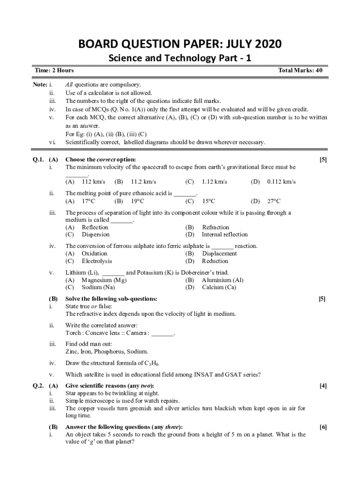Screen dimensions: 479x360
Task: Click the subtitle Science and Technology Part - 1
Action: tap(180, 58)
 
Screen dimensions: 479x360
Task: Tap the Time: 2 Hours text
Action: tap(54, 71)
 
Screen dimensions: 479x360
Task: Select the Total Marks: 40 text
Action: tap(300, 71)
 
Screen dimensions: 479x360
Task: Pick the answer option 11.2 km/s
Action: tap(143, 181)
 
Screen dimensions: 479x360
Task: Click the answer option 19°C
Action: tap(137, 201)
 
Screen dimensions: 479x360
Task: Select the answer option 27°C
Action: tap(274, 201)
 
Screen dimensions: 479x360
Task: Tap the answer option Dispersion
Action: tap(95, 234)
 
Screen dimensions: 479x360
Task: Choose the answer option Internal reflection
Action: tap(224, 234)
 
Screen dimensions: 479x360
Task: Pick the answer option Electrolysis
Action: tap(97, 261)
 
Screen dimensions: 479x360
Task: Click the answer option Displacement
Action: tap(219, 254)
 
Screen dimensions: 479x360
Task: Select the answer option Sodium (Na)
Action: tap(98, 287)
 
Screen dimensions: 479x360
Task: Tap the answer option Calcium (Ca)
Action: tap(219, 287)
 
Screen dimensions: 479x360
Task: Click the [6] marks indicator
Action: tap(323, 427)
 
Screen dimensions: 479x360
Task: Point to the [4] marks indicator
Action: tap(323, 386)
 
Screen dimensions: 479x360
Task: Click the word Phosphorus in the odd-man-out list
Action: tap(111, 351)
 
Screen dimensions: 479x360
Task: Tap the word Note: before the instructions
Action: tap(40, 85)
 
